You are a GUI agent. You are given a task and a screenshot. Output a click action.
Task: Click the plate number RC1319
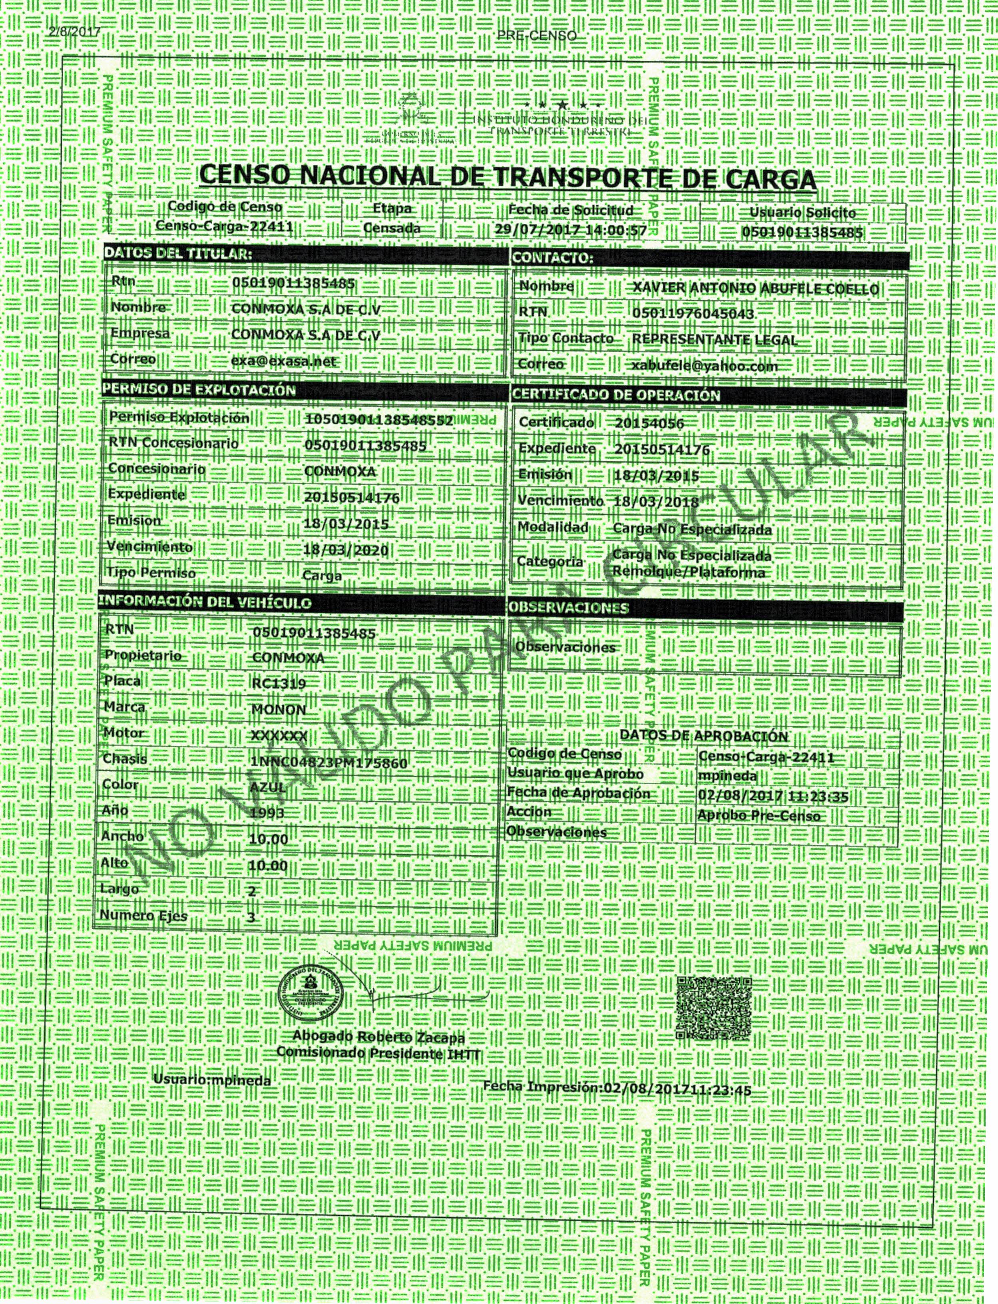click(279, 683)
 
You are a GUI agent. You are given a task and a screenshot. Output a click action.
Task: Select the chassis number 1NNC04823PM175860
click(330, 762)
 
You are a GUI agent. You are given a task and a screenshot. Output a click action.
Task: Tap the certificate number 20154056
click(649, 423)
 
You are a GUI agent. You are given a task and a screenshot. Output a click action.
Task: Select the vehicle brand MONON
click(279, 710)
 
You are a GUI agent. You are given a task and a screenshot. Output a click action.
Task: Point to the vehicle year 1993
click(267, 812)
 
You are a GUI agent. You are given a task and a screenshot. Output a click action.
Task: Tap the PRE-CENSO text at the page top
click(536, 36)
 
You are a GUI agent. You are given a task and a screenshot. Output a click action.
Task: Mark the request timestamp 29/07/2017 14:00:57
click(570, 229)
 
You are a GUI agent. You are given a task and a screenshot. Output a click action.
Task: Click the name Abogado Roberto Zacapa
click(378, 1037)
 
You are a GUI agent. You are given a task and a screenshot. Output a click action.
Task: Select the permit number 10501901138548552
click(378, 420)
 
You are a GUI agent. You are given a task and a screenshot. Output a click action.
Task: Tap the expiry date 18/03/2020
click(345, 550)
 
